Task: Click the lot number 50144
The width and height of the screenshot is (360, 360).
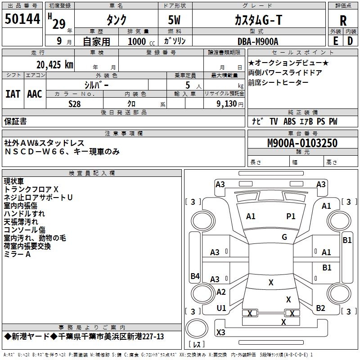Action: point(22,19)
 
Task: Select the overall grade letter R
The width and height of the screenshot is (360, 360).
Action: point(343,20)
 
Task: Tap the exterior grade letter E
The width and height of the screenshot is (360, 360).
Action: point(335,40)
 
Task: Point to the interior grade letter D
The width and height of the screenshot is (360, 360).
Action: point(350,40)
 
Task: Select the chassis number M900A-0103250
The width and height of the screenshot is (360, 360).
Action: point(302,144)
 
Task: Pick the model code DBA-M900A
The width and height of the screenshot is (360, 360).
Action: point(258,41)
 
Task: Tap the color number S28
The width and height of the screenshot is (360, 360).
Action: point(75,103)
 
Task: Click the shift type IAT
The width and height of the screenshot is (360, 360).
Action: point(13,94)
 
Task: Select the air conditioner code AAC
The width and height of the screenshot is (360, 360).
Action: point(35,94)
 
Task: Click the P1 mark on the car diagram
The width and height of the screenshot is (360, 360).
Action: point(291,216)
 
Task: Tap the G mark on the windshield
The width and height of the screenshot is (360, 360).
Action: point(284,237)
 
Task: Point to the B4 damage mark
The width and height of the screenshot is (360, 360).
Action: point(195,276)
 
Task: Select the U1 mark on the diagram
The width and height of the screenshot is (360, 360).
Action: point(221,308)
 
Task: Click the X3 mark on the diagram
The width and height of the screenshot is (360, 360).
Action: point(220,333)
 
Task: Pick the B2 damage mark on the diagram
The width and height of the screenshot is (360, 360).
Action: point(320,308)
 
